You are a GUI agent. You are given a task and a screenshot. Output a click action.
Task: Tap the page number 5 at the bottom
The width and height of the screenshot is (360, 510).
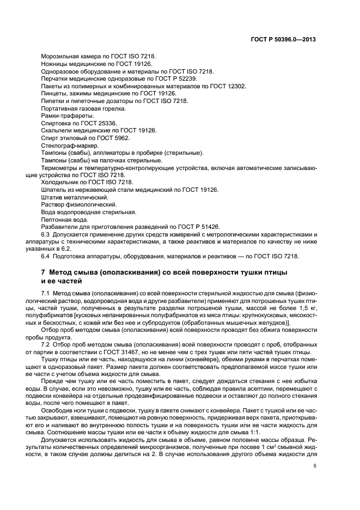314,466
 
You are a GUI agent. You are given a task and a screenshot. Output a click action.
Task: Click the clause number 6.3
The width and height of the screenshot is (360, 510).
45,234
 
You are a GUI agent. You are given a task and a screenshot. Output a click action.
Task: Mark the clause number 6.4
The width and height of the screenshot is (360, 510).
45,256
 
